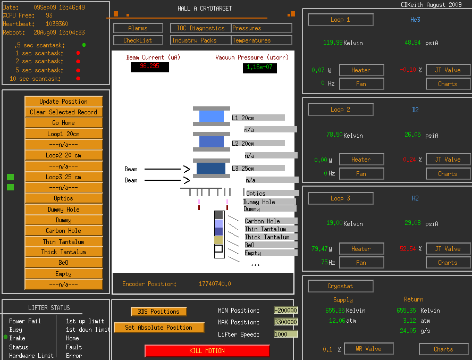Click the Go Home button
click(63, 123)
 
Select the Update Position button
click(63, 101)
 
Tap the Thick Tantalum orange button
click(63, 252)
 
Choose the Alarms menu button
click(138, 28)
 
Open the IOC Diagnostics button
click(201, 28)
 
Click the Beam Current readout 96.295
click(149, 66)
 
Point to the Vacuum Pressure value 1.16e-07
click(259, 68)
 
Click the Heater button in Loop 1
click(361, 70)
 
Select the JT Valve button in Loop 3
click(448, 249)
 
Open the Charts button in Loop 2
click(448, 174)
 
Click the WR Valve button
click(368, 349)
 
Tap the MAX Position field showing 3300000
click(286, 322)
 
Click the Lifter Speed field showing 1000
click(286, 334)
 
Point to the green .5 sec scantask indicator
click(84, 45)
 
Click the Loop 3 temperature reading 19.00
click(334, 223)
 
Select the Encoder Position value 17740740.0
click(215, 284)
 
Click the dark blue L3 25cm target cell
click(211, 169)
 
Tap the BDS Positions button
click(158, 312)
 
